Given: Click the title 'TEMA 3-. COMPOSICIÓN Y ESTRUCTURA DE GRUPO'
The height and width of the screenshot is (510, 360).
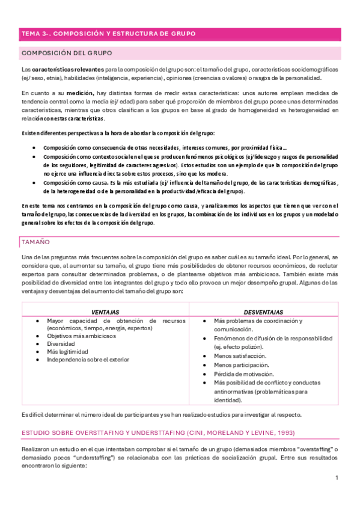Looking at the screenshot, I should coord(108,35).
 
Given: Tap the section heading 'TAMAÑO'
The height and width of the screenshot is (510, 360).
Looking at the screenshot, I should coord(37,242).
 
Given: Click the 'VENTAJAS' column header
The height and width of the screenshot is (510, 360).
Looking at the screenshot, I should coord(105,312).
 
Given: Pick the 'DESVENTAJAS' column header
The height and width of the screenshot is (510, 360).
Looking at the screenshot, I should coord(263,312).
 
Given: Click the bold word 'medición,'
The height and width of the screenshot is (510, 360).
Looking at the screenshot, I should coord(80,93).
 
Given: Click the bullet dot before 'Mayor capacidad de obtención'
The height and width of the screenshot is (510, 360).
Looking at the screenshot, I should coord(38,321).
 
